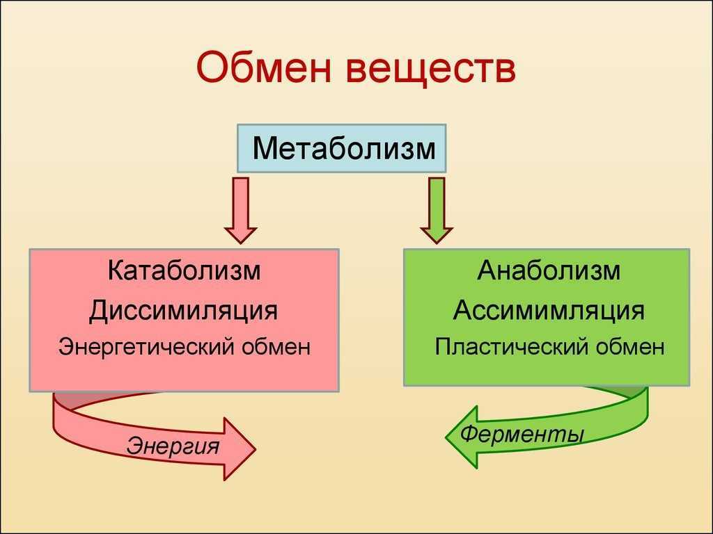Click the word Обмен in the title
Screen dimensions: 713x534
(x=264, y=67)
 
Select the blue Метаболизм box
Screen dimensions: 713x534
(x=341, y=149)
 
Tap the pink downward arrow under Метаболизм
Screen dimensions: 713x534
(x=240, y=210)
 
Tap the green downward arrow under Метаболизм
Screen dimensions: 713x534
(x=437, y=210)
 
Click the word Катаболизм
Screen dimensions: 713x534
(x=184, y=270)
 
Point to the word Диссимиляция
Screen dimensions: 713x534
(x=183, y=311)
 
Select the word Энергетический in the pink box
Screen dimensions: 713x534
(x=146, y=347)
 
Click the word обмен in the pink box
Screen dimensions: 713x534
(x=276, y=347)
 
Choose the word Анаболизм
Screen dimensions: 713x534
(x=549, y=270)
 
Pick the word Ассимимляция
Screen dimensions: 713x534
(x=549, y=311)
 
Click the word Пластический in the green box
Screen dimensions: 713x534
(x=512, y=347)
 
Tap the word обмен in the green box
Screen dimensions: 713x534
(x=630, y=347)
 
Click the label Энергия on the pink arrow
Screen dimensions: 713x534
(x=173, y=446)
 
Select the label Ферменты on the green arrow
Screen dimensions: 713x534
(x=522, y=434)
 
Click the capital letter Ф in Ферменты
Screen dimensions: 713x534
(x=471, y=432)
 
